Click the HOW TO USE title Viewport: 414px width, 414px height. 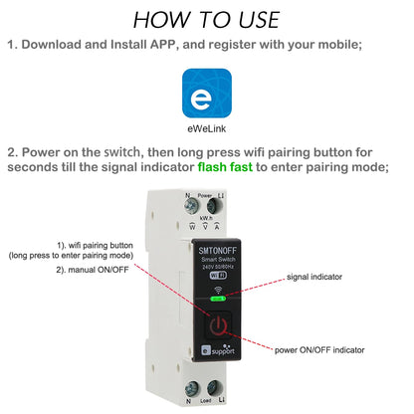click(206, 19)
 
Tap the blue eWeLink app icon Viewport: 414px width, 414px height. click(207, 96)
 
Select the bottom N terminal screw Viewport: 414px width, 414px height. click(188, 389)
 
